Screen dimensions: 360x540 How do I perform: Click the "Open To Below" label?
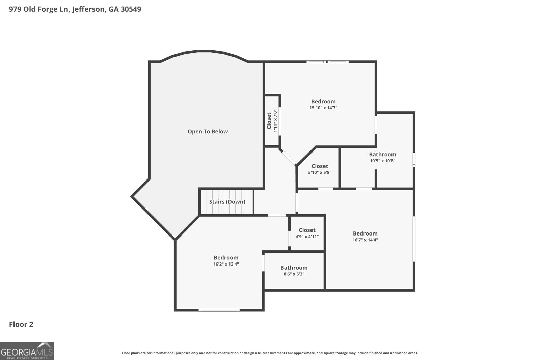coord(208,132)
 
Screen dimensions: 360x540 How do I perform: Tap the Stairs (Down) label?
coord(227,202)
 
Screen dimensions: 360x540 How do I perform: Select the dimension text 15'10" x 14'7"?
coord(323,108)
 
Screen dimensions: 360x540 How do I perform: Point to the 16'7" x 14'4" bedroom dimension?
coord(365,240)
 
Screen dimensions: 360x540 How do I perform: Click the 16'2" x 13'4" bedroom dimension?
coord(226,264)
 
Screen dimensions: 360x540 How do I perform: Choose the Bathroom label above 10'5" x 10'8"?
coord(382,154)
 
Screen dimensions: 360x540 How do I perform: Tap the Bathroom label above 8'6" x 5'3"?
coord(294,268)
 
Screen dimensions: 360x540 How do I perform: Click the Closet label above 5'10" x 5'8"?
coord(320,166)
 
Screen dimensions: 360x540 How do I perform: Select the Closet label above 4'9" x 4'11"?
coord(307,230)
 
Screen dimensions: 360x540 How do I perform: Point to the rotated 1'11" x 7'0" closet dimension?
coord(275,120)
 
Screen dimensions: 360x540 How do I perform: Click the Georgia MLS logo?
coord(27,351)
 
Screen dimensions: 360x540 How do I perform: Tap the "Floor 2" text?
coord(21,325)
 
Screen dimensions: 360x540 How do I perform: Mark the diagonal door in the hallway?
coord(288,157)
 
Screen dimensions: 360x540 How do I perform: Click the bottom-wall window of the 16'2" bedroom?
coord(219,310)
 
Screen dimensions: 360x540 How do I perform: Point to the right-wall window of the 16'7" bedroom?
coord(414,239)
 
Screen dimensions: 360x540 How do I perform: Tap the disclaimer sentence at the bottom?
coord(270,353)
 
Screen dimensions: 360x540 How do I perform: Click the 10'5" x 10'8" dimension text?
coord(382,161)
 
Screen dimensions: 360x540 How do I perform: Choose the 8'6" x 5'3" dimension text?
coord(294,274)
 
